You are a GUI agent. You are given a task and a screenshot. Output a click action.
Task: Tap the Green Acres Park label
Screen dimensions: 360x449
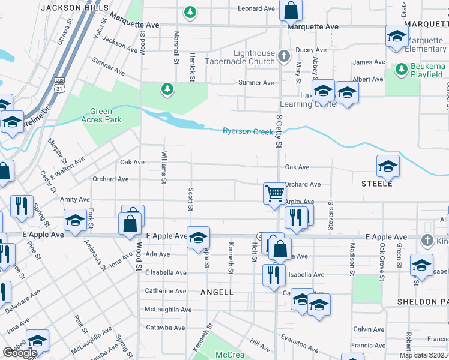106,115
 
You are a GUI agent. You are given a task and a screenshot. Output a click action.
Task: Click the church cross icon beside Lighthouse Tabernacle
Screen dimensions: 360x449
285,57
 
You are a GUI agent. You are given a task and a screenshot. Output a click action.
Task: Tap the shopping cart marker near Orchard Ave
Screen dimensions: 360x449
274,194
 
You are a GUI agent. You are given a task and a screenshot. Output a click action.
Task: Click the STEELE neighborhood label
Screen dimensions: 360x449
377,183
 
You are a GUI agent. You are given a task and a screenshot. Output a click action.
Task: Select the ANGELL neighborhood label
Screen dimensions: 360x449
217,292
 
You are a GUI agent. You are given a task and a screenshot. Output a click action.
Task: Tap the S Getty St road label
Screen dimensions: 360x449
279,132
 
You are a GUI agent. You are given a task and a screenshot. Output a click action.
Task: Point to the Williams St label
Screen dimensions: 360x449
163,167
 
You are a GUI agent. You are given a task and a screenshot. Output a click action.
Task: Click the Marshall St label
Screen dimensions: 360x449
176,47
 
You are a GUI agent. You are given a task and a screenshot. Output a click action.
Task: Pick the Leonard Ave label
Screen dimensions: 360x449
256,8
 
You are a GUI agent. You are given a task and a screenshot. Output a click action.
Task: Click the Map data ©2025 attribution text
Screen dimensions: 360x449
423,355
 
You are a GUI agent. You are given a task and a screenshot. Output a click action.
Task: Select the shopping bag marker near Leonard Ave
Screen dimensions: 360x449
291,10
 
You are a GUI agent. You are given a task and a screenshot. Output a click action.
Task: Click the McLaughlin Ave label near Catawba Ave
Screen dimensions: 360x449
168,310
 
